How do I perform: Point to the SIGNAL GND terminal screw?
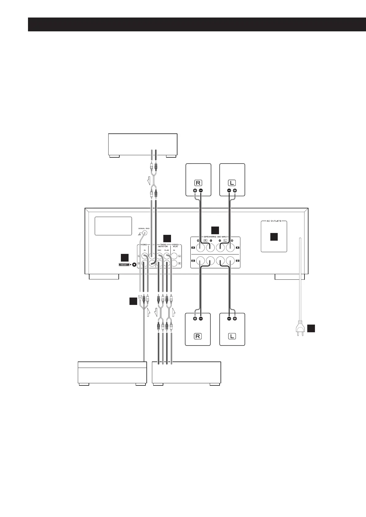click(x=143, y=233)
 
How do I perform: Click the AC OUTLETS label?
click(x=274, y=221)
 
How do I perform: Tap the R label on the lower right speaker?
click(x=197, y=336)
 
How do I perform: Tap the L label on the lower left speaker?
click(x=232, y=336)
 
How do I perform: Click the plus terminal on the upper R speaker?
click(x=195, y=191)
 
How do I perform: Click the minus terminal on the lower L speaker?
click(x=229, y=318)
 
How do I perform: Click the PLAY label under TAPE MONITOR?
click(x=166, y=250)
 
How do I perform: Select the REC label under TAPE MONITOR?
click(x=159, y=250)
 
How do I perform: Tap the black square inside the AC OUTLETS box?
click(x=274, y=236)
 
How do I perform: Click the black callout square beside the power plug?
click(x=311, y=328)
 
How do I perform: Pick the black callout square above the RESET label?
click(x=125, y=257)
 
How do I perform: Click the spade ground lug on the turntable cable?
click(x=140, y=298)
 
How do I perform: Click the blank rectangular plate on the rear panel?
click(x=113, y=226)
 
